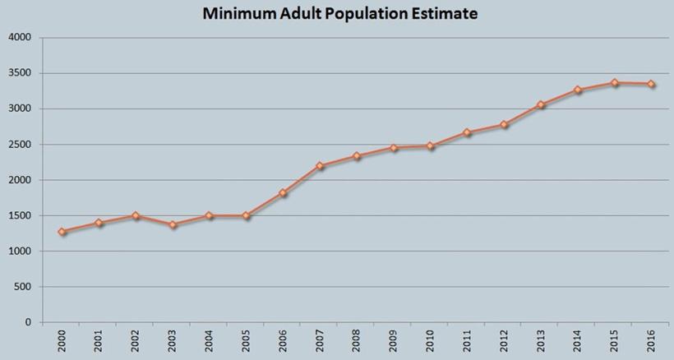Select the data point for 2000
62,232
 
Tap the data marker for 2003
173,224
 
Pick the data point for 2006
283,193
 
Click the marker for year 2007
320,166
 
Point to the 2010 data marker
430,146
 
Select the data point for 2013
541,105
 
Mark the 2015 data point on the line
614,82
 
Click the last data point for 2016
651,84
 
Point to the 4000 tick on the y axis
21,38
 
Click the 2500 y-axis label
21,145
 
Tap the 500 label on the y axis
23,287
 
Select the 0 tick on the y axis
29,322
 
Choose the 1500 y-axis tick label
21,215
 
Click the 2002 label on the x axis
136,340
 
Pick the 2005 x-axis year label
246,340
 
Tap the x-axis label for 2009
394,340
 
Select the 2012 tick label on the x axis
504,340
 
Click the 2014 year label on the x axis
578,340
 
